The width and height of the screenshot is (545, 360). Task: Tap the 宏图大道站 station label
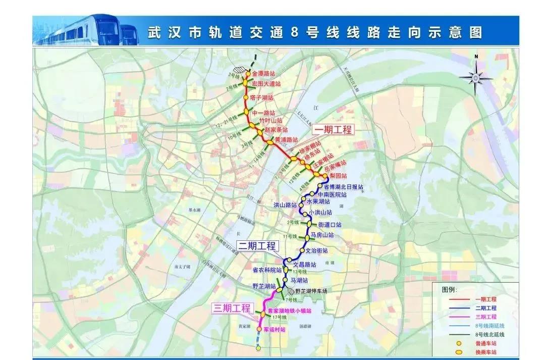(x=266, y=83)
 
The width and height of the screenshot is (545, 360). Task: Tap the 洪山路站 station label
(x=285, y=205)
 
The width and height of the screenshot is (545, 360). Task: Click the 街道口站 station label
(x=330, y=225)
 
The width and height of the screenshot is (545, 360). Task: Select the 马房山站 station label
(x=322, y=235)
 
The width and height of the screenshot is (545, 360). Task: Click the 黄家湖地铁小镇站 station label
(x=289, y=311)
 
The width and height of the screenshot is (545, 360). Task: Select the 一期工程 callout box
(x=334, y=129)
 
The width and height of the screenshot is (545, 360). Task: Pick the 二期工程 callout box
(x=257, y=246)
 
